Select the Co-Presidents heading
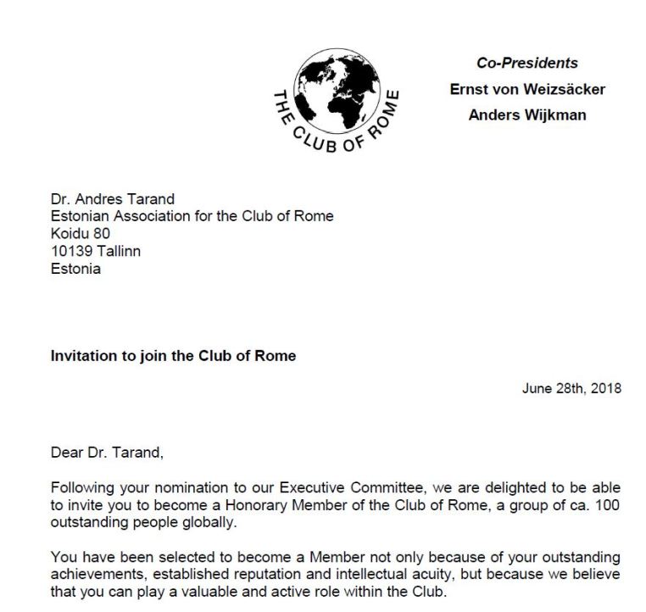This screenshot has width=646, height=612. tap(526, 64)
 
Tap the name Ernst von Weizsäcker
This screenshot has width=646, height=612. tap(527, 90)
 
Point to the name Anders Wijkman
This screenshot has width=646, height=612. tap(526, 115)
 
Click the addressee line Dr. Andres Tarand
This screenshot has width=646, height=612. tap(106, 199)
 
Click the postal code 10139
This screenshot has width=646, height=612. tap(71, 252)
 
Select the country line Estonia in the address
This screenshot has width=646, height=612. tap(75, 269)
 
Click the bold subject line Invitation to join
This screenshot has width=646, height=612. tap(173, 356)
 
